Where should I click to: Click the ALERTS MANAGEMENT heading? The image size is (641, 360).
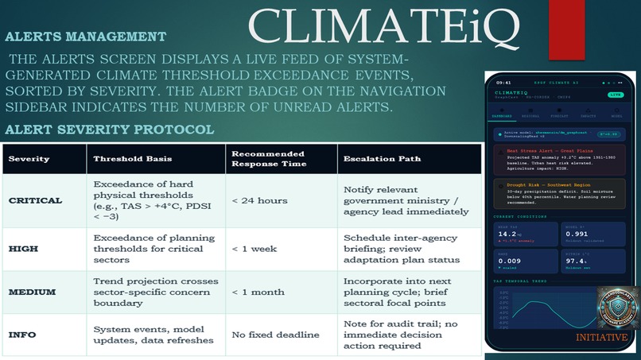(x=86, y=37)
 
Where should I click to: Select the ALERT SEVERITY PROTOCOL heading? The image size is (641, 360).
(x=109, y=130)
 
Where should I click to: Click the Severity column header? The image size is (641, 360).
(x=30, y=159)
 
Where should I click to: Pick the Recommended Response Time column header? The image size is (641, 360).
(x=268, y=159)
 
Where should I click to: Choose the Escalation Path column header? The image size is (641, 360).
(x=381, y=159)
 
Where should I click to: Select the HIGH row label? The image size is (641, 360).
(x=23, y=249)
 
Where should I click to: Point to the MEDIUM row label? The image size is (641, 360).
(x=33, y=292)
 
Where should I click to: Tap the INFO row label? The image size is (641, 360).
(x=23, y=335)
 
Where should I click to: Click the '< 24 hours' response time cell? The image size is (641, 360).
(x=259, y=201)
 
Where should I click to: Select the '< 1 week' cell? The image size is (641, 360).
(x=254, y=249)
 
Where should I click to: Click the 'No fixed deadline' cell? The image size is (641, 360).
(x=275, y=335)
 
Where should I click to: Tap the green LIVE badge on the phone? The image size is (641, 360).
(x=616, y=95)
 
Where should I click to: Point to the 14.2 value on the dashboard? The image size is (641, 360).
(x=507, y=234)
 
